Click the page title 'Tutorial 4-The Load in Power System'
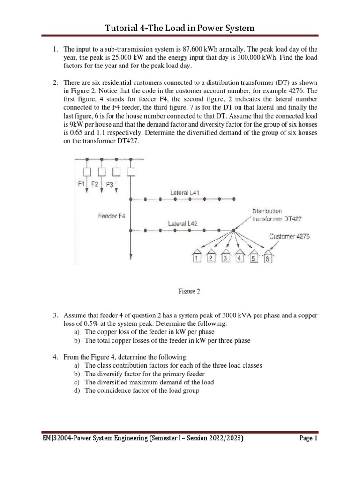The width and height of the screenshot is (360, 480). click(x=180, y=28)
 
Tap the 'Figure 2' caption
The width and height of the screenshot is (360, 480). click(x=189, y=291)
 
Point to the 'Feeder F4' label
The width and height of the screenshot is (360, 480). click(x=112, y=216)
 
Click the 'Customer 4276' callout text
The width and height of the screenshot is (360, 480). click(x=289, y=237)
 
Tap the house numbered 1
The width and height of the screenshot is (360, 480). click(x=197, y=258)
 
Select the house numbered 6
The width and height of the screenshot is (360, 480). click(x=268, y=258)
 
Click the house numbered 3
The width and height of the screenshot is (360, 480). click(x=225, y=258)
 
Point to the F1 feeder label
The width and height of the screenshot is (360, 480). click(x=81, y=184)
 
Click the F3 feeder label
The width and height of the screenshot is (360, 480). click(x=110, y=185)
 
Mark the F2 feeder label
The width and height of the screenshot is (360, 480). click(x=95, y=184)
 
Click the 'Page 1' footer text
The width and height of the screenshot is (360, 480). click(x=308, y=439)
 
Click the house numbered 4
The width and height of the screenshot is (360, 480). click(x=239, y=258)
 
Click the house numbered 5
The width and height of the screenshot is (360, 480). click(x=254, y=258)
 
